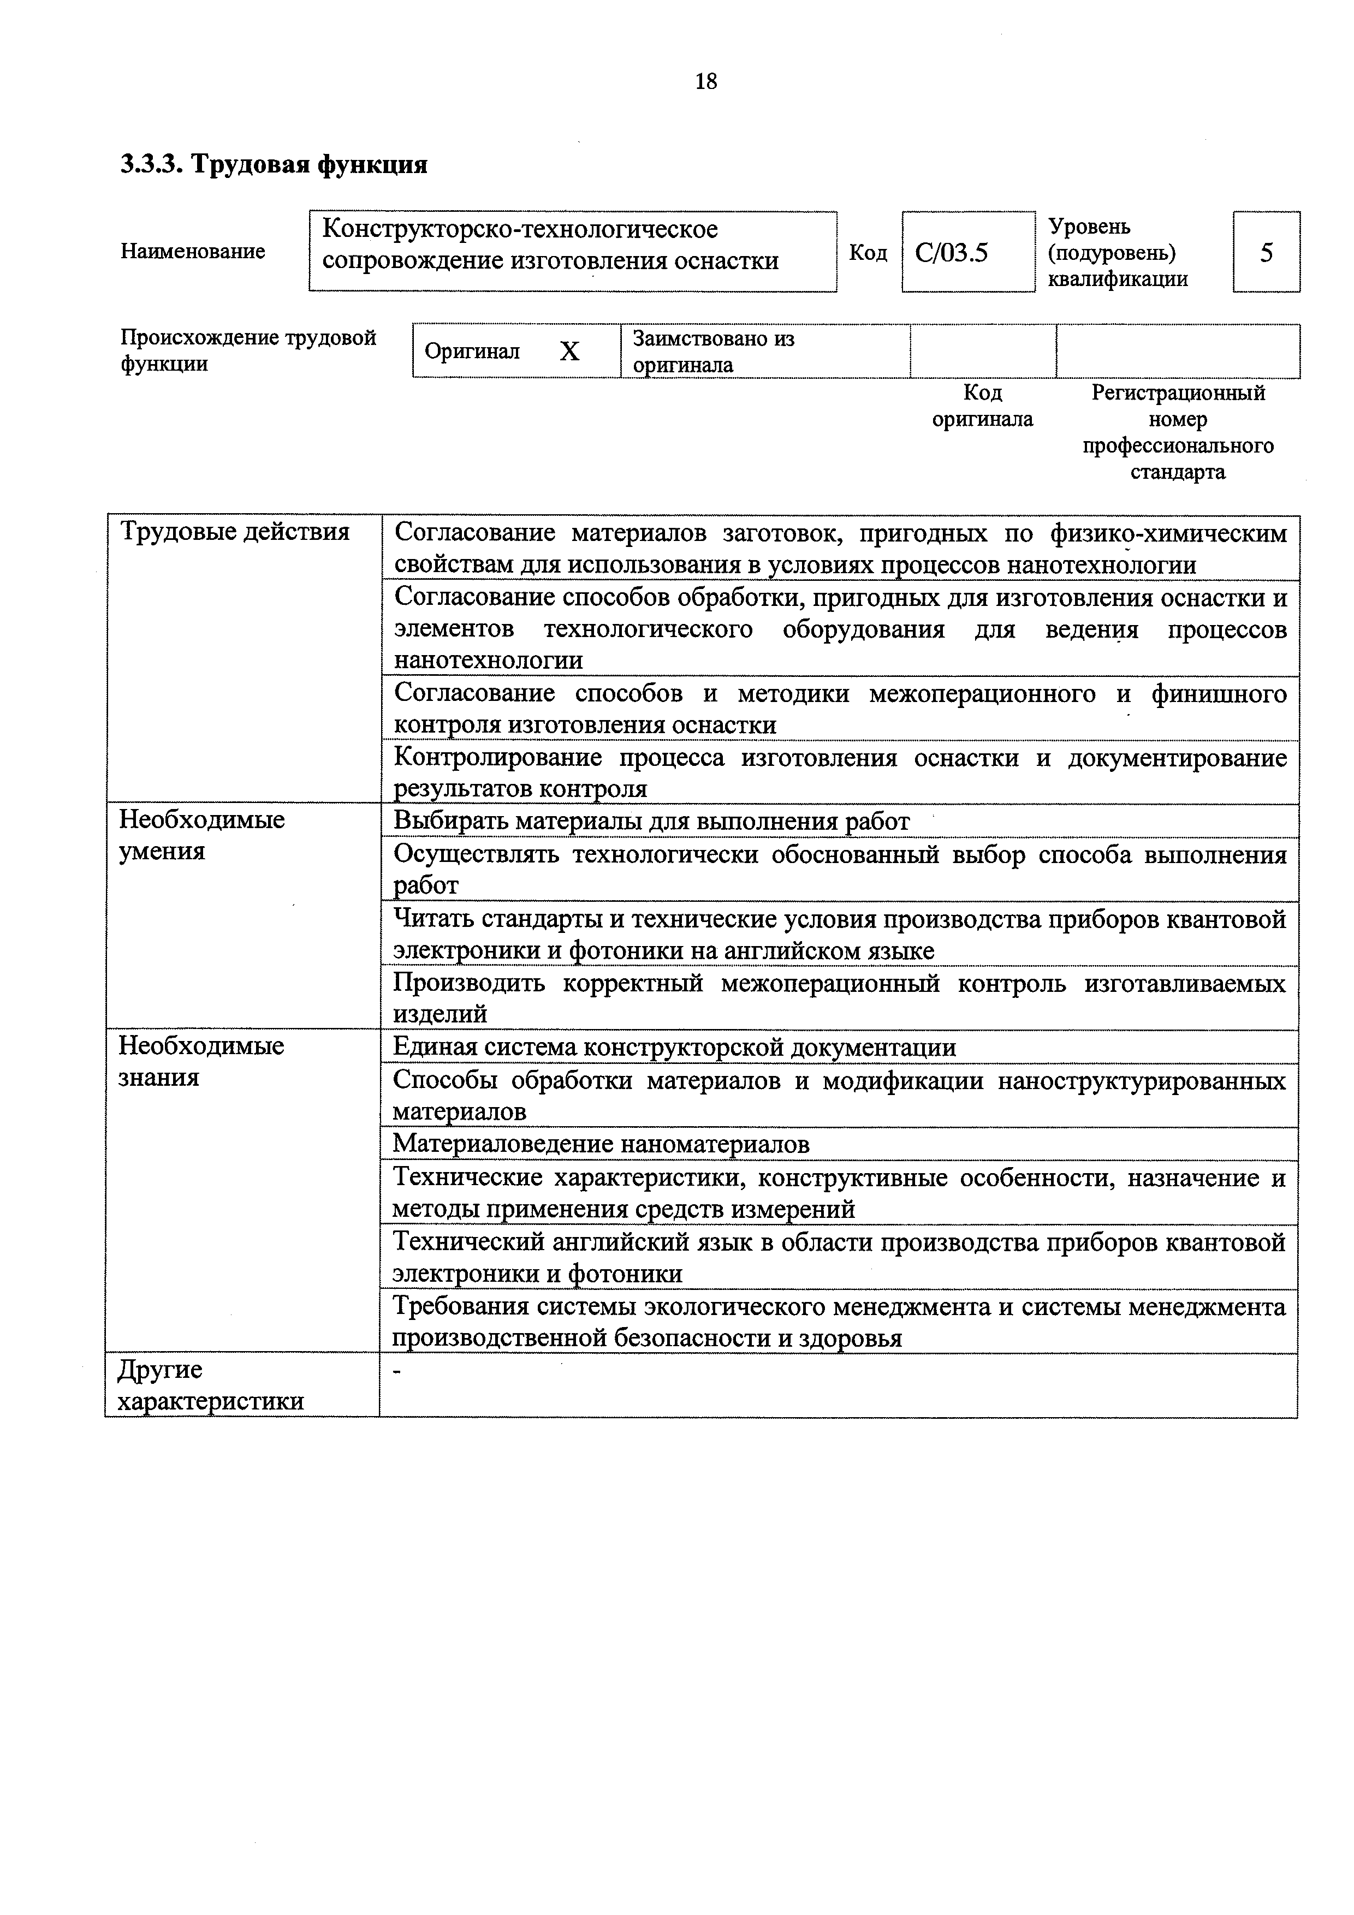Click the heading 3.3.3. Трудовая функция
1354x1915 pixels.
[x=275, y=164]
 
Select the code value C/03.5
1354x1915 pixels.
[x=951, y=252]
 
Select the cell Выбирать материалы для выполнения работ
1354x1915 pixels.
[x=651, y=822]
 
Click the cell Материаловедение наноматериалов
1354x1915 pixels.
[x=601, y=1144]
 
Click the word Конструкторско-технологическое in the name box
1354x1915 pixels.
[x=520, y=229]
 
